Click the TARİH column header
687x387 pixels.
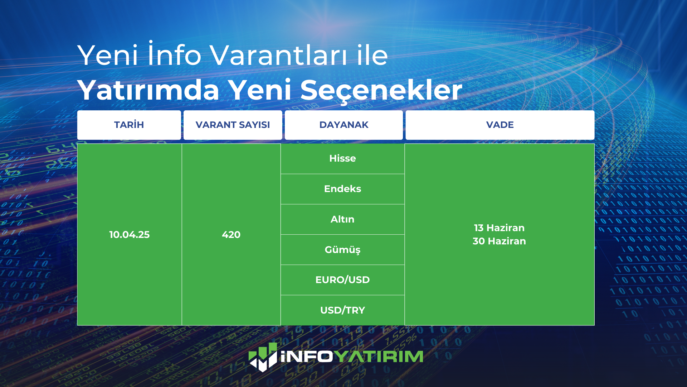click(129, 125)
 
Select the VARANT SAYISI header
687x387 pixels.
click(233, 125)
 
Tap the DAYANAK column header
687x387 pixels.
click(343, 125)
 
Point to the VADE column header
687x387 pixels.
click(500, 125)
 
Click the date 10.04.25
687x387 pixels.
click(129, 235)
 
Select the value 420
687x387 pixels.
click(231, 235)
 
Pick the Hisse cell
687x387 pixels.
click(342, 159)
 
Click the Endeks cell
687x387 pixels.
click(342, 189)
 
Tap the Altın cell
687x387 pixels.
click(342, 219)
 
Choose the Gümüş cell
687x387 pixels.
click(342, 250)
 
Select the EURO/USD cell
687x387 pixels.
click(342, 280)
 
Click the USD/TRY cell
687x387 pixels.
click(342, 310)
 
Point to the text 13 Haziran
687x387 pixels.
click(499, 228)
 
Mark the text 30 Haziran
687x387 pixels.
click(499, 241)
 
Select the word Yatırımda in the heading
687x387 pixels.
click(148, 90)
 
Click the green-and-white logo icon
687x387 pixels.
click(263, 357)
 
